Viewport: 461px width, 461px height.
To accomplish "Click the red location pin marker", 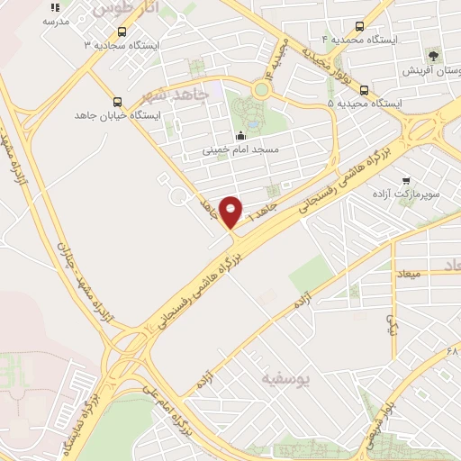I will pos(231,212).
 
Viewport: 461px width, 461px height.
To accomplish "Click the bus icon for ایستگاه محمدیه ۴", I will pos(360,27).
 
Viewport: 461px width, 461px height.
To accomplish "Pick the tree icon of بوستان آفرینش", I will pos(434,56).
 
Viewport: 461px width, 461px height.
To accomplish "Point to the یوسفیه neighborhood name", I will pos(285,380).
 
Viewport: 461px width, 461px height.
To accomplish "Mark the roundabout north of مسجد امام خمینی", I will pos(261,89).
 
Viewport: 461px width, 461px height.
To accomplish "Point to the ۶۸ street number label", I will pos(452,349).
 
